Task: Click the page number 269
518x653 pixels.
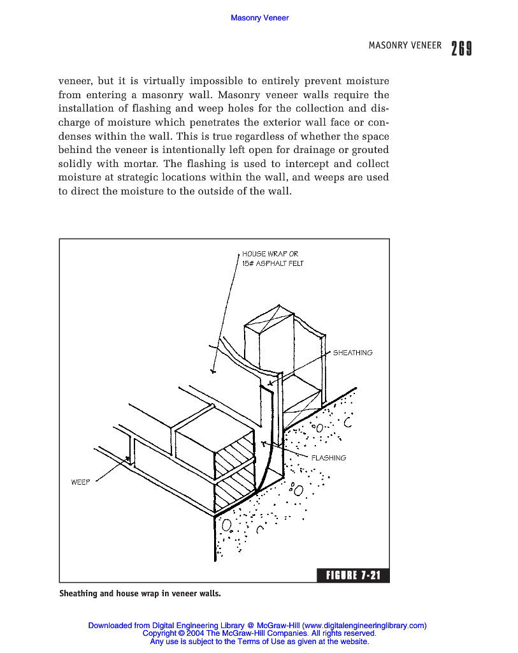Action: (x=461, y=48)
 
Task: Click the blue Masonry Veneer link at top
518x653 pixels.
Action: (x=259, y=18)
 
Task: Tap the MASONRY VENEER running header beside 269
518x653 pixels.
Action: (x=405, y=45)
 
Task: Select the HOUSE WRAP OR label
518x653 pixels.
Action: (x=270, y=254)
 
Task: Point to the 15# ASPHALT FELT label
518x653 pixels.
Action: (x=273, y=263)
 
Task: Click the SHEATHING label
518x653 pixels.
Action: (x=352, y=353)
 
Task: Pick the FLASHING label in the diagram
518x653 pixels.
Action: (x=328, y=458)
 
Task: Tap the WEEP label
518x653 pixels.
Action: (x=80, y=482)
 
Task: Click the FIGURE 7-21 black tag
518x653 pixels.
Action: (x=353, y=576)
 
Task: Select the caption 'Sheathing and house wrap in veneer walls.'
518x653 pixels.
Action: (x=140, y=594)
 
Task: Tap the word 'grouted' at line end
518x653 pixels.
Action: (x=368, y=150)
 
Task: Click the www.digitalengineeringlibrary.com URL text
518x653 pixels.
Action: (x=364, y=626)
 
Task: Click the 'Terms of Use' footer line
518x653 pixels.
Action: (x=259, y=642)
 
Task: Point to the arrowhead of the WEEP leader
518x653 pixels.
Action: (x=129, y=458)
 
